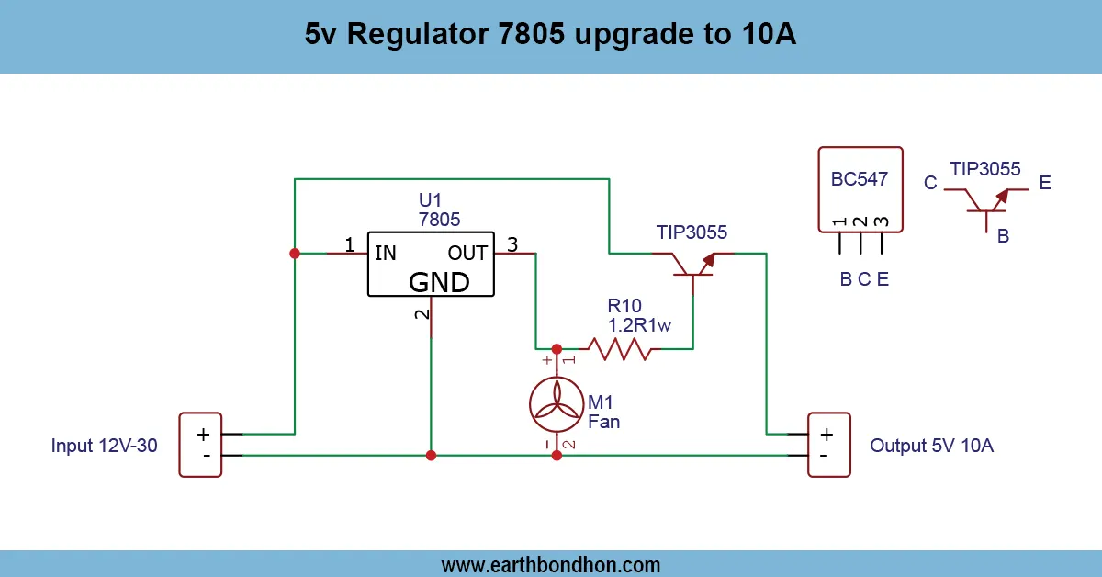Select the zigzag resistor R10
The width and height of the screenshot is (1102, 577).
coord(620,349)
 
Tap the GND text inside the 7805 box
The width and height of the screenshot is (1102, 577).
coord(439,281)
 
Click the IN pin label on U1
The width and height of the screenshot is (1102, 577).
coord(386,253)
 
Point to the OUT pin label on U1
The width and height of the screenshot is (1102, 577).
coord(467,253)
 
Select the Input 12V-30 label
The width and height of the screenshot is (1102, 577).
coord(105,447)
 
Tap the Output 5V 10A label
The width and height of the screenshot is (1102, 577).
coord(931,447)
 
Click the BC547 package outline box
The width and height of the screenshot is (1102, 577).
coord(860,188)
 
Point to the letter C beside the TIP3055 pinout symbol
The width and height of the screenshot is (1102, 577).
coord(930,184)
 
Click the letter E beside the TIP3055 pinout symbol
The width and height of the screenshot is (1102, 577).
coord(1045,184)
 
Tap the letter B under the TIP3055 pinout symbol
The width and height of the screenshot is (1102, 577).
coord(1004,236)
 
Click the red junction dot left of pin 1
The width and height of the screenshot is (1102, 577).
coord(295,253)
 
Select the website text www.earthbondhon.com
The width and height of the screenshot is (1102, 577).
coord(551,564)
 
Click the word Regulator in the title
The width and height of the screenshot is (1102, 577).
coord(424,36)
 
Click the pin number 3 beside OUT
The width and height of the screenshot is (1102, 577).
coord(512,244)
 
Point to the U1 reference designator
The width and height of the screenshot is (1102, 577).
coord(430,200)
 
